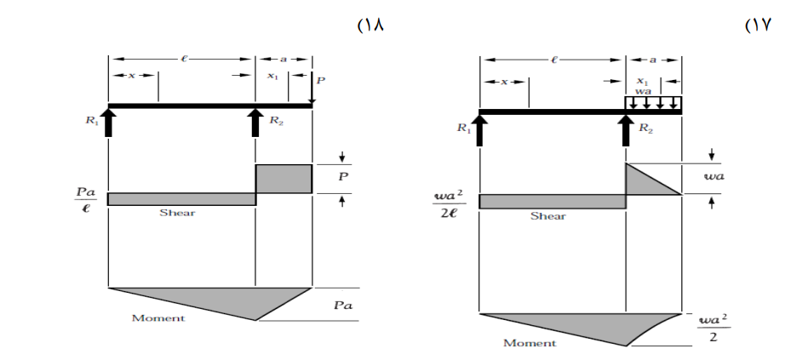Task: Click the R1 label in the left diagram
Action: pyautogui.click(x=91, y=122)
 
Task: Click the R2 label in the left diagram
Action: pyautogui.click(x=276, y=121)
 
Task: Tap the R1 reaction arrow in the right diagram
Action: pyautogui.click(x=479, y=130)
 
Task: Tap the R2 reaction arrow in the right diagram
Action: pyautogui.click(x=626, y=130)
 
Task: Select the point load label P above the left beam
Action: pyautogui.click(x=320, y=80)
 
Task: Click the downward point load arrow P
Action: pyautogui.click(x=312, y=89)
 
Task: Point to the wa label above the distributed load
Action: pyautogui.click(x=643, y=91)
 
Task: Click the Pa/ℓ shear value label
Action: pyautogui.click(x=85, y=201)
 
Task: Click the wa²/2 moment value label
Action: pyautogui.click(x=713, y=328)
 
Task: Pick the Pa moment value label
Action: pyautogui.click(x=342, y=305)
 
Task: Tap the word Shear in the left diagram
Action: pyautogui.click(x=177, y=212)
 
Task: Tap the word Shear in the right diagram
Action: pyautogui.click(x=547, y=216)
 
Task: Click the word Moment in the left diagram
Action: pyautogui.click(x=158, y=317)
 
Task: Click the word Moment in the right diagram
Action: pyautogui.click(x=530, y=342)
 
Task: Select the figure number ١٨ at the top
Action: pyautogui.click(x=371, y=26)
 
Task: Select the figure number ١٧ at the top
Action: pyautogui.click(x=757, y=26)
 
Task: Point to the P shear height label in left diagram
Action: pyautogui.click(x=343, y=177)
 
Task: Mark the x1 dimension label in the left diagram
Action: pyautogui.click(x=272, y=76)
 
